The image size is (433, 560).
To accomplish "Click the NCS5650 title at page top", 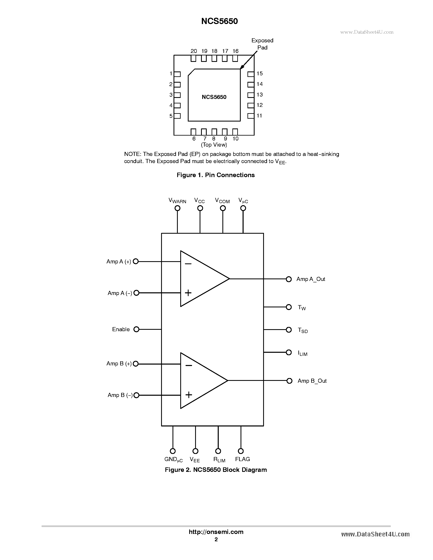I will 219,21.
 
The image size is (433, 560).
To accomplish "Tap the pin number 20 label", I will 194,51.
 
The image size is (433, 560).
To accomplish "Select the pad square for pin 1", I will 177,74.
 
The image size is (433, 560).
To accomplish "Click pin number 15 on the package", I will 260,74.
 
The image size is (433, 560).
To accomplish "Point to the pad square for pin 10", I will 235,132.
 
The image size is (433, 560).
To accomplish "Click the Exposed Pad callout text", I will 262,44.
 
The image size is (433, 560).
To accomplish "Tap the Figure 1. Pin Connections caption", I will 215,175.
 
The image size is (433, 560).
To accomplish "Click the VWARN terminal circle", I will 177,208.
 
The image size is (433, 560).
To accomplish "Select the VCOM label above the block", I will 222,201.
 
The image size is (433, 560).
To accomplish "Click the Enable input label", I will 121,329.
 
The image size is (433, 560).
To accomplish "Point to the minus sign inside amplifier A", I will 188,264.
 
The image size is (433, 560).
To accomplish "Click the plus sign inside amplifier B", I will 189,395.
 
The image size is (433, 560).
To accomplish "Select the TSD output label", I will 302,330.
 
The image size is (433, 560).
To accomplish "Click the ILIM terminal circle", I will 289,352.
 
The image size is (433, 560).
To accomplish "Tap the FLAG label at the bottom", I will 242,459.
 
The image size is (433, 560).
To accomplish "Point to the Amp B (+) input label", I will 119,364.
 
